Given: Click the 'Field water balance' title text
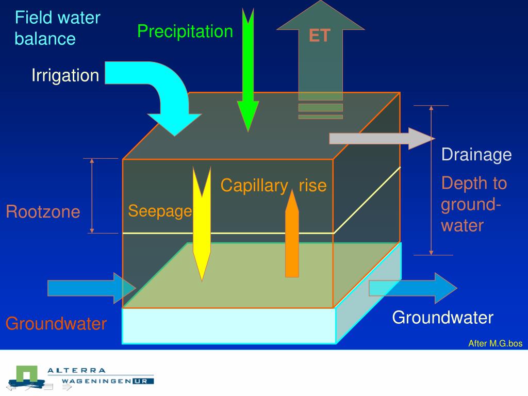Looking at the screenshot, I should pyautogui.click(x=57, y=28).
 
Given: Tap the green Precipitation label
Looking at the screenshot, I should pyautogui.click(x=185, y=31).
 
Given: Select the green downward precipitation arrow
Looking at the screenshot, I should pyautogui.click(x=248, y=72).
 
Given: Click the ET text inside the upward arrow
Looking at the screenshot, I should pyautogui.click(x=320, y=36).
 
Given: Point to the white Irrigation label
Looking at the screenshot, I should pyautogui.click(x=65, y=75).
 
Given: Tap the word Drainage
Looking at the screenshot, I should pyautogui.click(x=476, y=155).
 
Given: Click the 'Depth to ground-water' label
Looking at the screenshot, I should pyautogui.click(x=473, y=204).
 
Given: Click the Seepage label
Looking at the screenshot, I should pyautogui.click(x=160, y=211).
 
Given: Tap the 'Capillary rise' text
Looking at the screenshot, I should pyautogui.click(x=273, y=185).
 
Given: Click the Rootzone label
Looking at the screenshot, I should pyautogui.click(x=43, y=212).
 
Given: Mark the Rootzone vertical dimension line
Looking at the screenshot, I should pyautogui.click(x=92, y=196).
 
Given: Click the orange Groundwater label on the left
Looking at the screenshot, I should pyautogui.click(x=56, y=324).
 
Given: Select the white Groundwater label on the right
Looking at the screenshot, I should pyautogui.click(x=442, y=318).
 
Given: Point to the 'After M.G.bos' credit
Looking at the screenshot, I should pyautogui.click(x=495, y=343).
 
